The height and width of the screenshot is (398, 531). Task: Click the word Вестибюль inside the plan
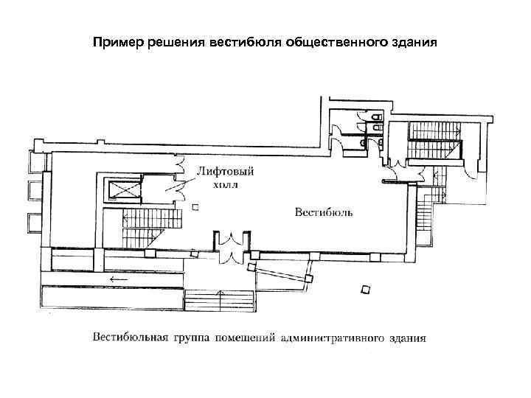324,212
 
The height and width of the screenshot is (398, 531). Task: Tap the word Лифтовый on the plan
224,172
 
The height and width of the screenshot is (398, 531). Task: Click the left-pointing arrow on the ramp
115,279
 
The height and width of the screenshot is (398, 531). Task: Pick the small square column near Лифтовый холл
195,208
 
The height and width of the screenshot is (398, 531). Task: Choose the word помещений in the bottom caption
245,339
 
